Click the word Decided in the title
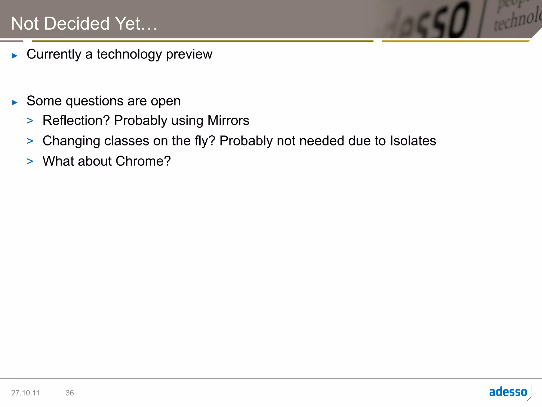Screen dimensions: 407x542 click(76, 24)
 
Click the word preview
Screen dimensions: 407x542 click(189, 55)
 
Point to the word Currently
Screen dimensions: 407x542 click(54, 55)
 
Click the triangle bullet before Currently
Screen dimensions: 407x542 click(15, 56)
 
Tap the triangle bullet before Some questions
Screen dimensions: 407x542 click(15, 102)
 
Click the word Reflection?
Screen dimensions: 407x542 click(76, 121)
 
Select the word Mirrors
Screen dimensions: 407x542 click(228, 121)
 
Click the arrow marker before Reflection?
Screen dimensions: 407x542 click(30, 121)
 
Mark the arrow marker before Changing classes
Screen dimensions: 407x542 click(30, 141)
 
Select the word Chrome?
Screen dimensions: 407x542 click(143, 161)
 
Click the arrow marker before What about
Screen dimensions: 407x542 click(30, 161)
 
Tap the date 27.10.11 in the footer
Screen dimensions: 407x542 click(25, 393)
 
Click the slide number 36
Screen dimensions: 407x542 click(70, 393)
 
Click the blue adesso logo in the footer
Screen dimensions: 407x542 click(508, 392)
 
